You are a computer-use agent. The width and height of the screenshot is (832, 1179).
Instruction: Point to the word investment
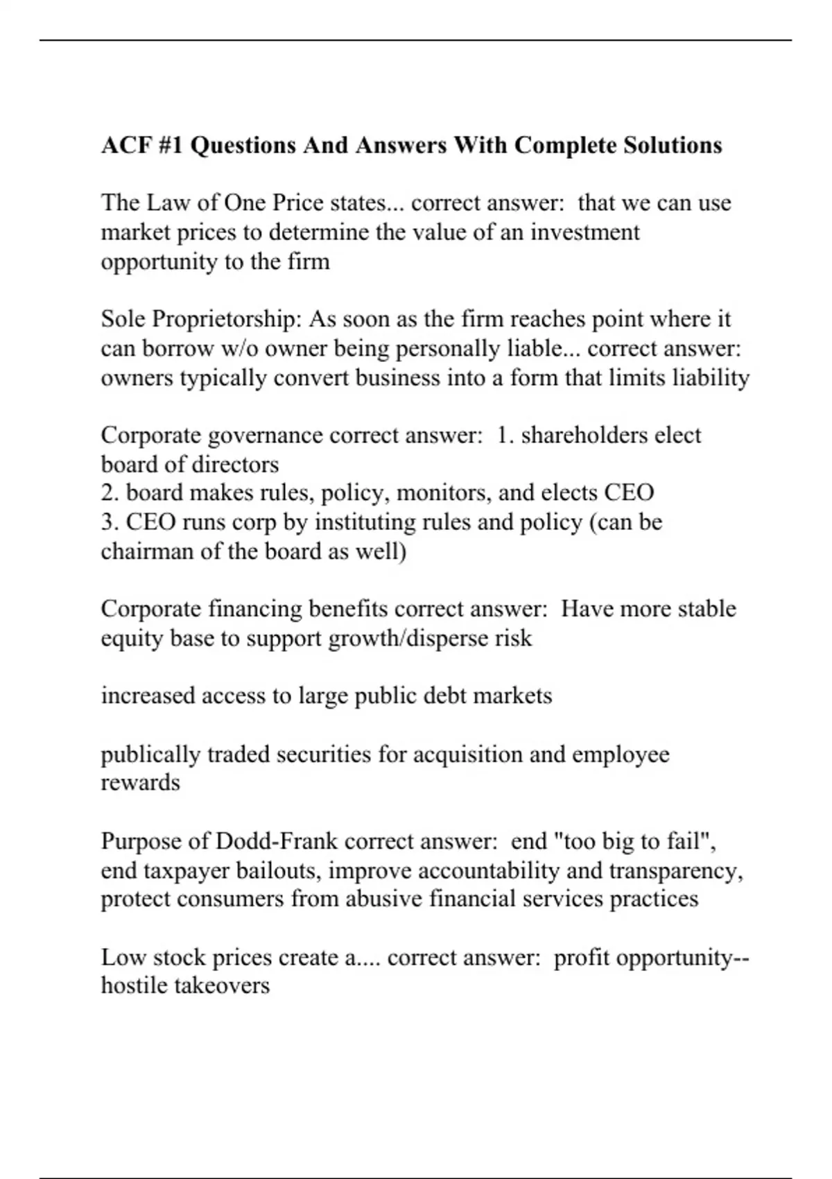click(x=584, y=232)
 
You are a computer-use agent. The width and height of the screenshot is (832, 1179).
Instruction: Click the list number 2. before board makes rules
click(x=110, y=493)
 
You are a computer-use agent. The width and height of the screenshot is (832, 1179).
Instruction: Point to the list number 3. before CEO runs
click(x=110, y=522)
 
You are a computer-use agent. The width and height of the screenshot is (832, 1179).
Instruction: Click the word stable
click(x=707, y=609)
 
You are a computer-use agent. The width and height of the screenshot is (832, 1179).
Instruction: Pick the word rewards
click(x=140, y=783)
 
